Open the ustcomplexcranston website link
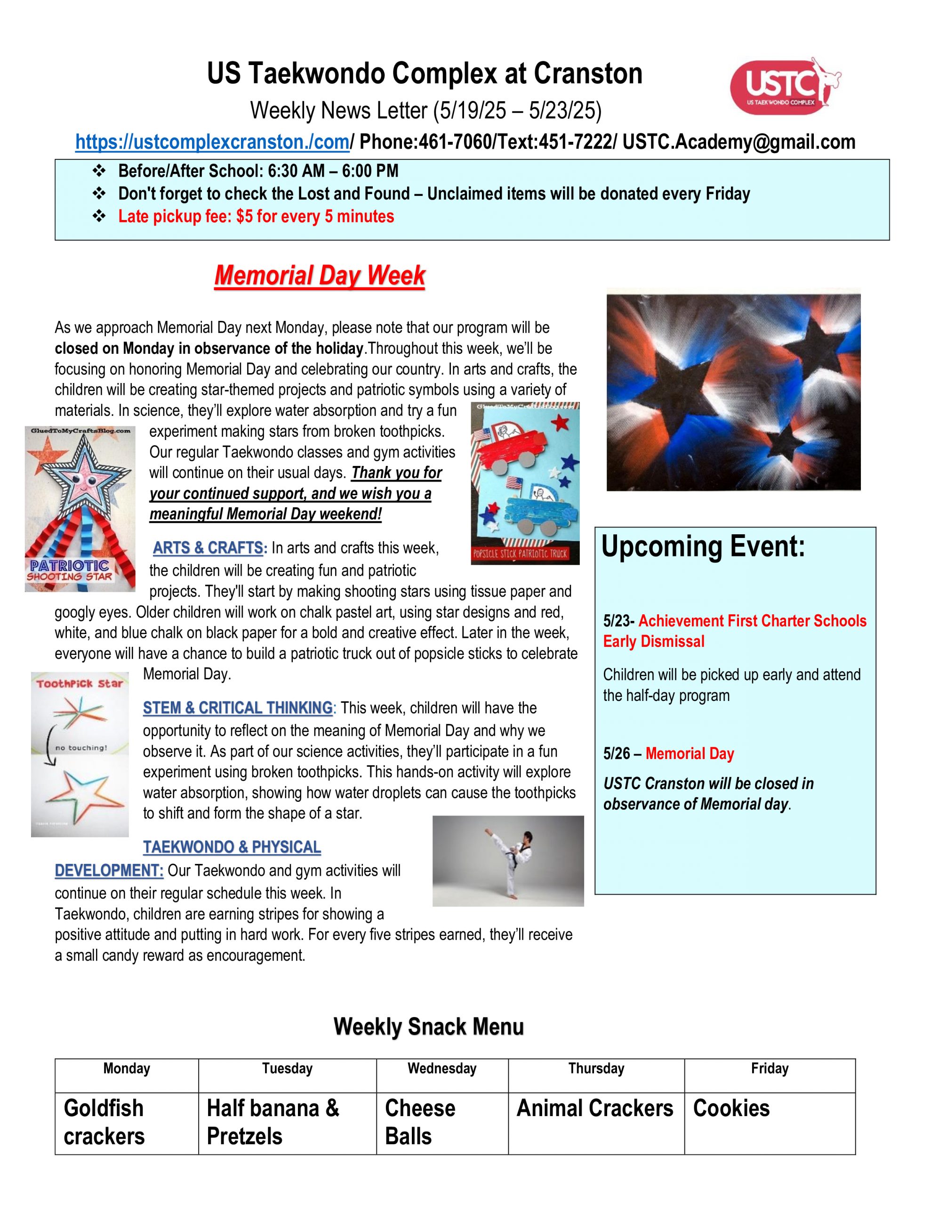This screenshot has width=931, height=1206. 212,142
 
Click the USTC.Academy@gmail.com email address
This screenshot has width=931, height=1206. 738,142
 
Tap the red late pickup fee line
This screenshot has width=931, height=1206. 256,216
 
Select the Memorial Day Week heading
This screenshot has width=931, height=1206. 320,276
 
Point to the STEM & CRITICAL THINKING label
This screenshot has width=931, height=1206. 238,708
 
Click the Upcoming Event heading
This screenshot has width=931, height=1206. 703,546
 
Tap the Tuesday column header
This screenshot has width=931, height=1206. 287,1068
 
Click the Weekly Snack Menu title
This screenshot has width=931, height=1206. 428,1027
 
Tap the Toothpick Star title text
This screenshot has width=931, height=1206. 80,684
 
